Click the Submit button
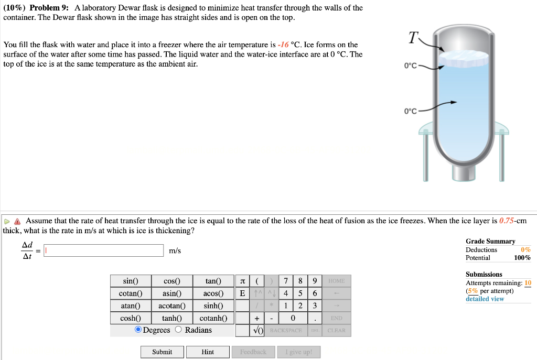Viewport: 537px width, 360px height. click(162, 352)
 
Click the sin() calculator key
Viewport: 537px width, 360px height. click(130, 281)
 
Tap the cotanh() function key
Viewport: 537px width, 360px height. click(213, 318)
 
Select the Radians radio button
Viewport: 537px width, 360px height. click(178, 330)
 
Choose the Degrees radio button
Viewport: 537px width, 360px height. click(138, 330)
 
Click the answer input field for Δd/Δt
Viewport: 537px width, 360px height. click(104, 251)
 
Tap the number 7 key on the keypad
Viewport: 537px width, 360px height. click(284, 281)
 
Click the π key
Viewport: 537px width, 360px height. click(242, 281)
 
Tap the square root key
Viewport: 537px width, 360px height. click(257, 331)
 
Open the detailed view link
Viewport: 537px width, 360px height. click(485, 299)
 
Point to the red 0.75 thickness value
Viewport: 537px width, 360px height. click(508, 221)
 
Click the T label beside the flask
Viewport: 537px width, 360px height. click(414, 38)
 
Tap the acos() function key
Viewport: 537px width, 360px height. click(213, 293)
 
